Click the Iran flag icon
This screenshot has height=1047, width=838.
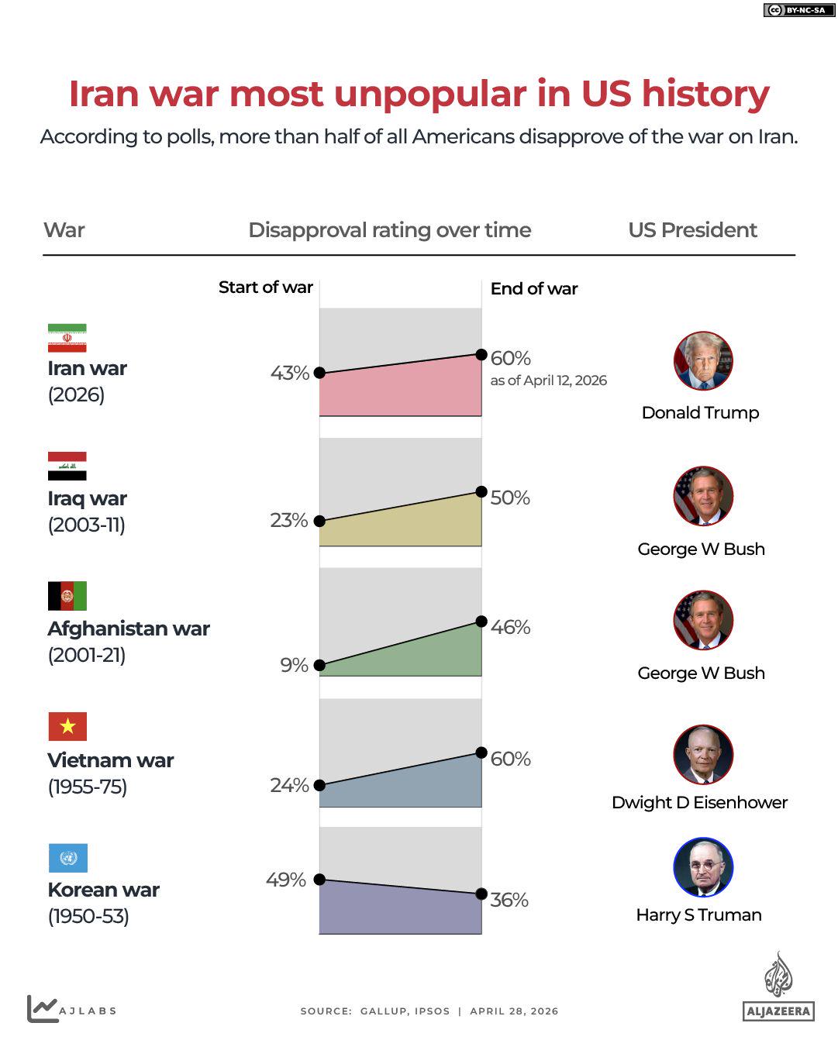point(67,338)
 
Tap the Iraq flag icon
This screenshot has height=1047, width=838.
point(67,466)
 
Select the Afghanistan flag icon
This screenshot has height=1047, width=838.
point(67,596)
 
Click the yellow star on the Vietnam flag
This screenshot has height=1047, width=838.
point(67,726)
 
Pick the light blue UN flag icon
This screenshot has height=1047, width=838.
point(67,858)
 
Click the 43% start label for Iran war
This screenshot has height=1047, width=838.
point(289,373)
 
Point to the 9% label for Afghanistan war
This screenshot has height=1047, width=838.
point(294,665)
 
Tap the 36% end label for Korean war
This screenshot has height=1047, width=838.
point(509,900)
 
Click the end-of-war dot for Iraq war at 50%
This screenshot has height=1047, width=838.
point(481,491)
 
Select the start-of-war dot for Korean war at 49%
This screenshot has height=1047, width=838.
point(319,880)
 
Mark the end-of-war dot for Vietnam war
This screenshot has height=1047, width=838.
point(481,753)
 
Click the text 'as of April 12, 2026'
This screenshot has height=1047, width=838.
point(548,381)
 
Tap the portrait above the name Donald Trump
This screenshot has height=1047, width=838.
point(703,361)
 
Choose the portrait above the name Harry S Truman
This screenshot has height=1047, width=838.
point(703,867)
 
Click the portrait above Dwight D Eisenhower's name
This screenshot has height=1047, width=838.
point(703,755)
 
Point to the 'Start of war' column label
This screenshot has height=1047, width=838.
point(265,288)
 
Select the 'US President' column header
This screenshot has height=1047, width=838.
point(692,230)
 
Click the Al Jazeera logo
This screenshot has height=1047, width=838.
point(778,987)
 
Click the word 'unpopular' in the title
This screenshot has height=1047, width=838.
point(430,94)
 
